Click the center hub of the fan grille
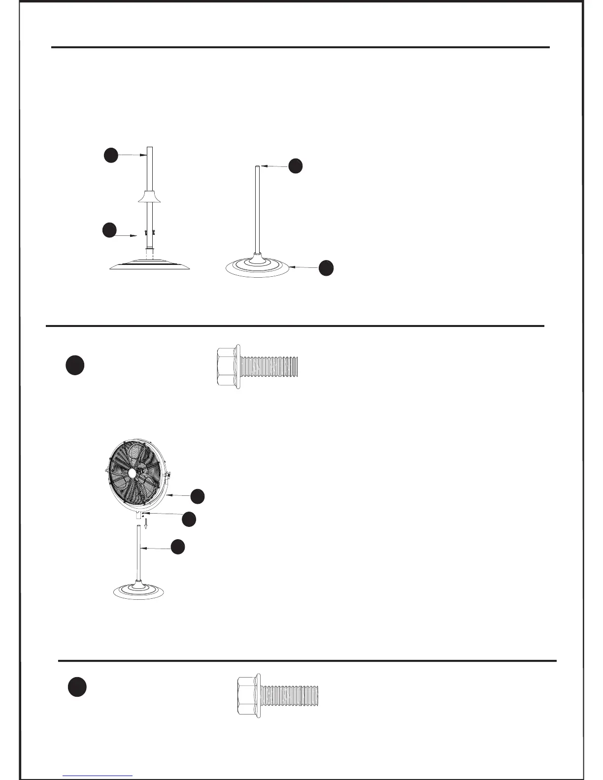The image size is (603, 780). click(133, 471)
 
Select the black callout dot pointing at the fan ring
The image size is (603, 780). click(198, 496)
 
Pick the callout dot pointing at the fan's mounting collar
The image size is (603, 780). click(189, 519)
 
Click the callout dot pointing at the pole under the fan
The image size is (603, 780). click(178, 547)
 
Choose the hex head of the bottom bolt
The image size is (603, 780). click(248, 695)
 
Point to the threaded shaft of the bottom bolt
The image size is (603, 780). click(290, 695)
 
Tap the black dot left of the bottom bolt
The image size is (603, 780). click(77, 687)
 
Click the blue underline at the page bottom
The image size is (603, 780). click(98, 776)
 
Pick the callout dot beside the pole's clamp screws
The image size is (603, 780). click(109, 230)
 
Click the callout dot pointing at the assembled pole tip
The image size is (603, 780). click(295, 165)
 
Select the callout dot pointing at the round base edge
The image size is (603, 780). click(326, 268)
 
